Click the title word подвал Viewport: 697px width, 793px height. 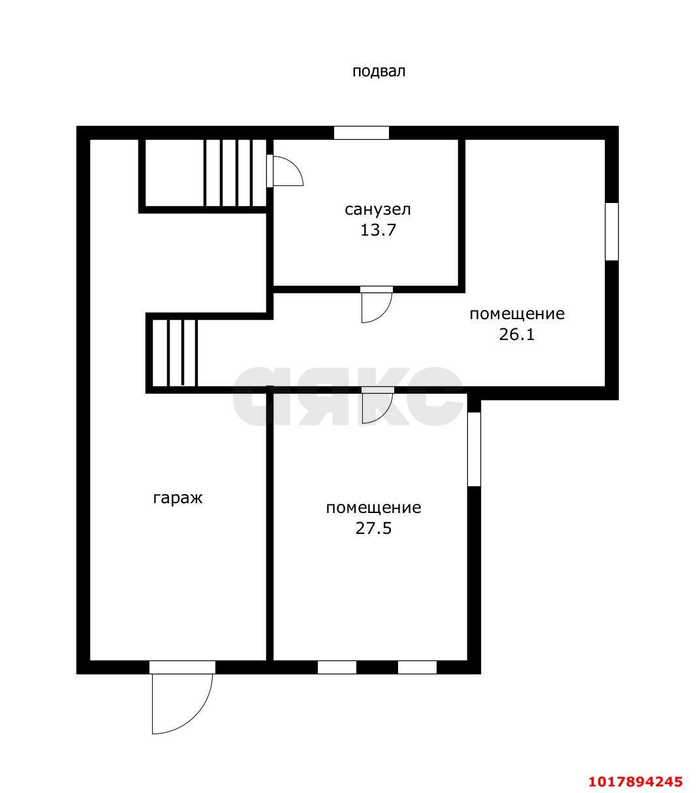(379, 72)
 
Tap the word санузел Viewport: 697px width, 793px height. (378, 210)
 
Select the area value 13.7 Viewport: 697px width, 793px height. (378, 230)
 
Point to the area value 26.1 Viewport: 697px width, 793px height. (517, 335)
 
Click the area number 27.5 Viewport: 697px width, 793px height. (373, 529)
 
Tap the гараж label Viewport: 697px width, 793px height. (178, 498)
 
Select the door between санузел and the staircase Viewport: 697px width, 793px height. (285, 171)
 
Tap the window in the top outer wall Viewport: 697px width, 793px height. (361, 132)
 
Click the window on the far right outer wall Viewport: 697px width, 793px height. (612, 232)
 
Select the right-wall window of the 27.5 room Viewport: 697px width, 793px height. (474, 449)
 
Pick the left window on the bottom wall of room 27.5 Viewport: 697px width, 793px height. (337, 668)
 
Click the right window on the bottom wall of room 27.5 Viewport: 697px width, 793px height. (417, 668)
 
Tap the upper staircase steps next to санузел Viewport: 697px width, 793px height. (236, 173)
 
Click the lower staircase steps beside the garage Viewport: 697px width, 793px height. (174, 353)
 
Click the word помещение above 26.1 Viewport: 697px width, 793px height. (517, 314)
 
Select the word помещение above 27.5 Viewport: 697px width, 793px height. (373, 508)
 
